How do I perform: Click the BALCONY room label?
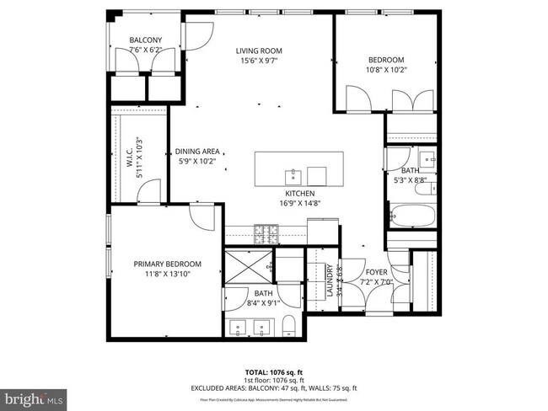(145, 40)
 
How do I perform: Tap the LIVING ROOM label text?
(257, 51)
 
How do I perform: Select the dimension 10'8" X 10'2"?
(387, 70)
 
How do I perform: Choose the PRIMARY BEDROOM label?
(166, 264)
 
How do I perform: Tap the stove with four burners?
(267, 230)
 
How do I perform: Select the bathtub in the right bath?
(412, 216)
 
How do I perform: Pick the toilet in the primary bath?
(287, 326)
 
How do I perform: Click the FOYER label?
(375, 273)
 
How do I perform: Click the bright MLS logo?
(34, 396)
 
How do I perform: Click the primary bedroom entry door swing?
(202, 219)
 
